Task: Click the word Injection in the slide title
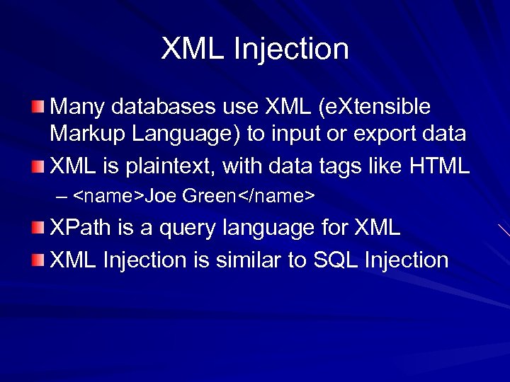300,50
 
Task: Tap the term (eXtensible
375,107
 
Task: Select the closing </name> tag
275,196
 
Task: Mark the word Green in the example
208,196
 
